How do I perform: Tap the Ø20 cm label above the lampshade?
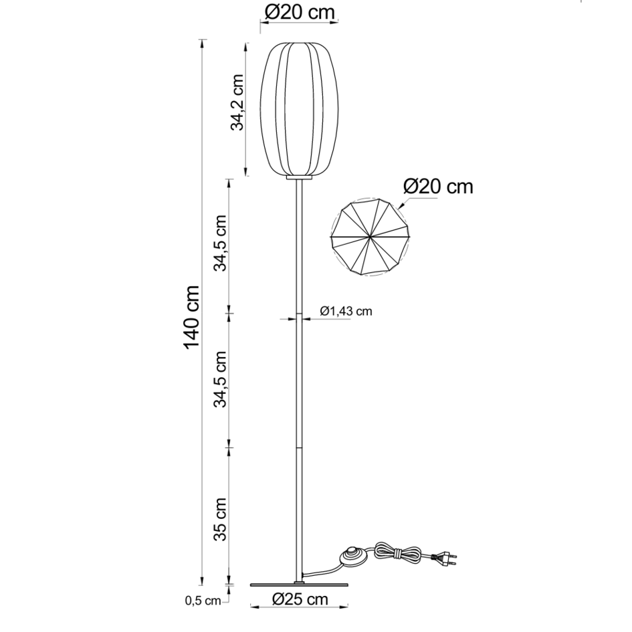[x=298, y=11]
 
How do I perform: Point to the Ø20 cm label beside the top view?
[x=439, y=186]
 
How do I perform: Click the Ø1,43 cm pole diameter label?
[x=346, y=311]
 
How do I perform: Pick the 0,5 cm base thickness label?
[x=202, y=601]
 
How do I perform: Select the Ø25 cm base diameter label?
[x=300, y=599]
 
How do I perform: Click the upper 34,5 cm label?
[x=221, y=243]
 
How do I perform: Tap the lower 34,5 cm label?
[x=221, y=379]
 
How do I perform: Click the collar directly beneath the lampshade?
[x=300, y=178]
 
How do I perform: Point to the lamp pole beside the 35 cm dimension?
[x=300, y=515]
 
